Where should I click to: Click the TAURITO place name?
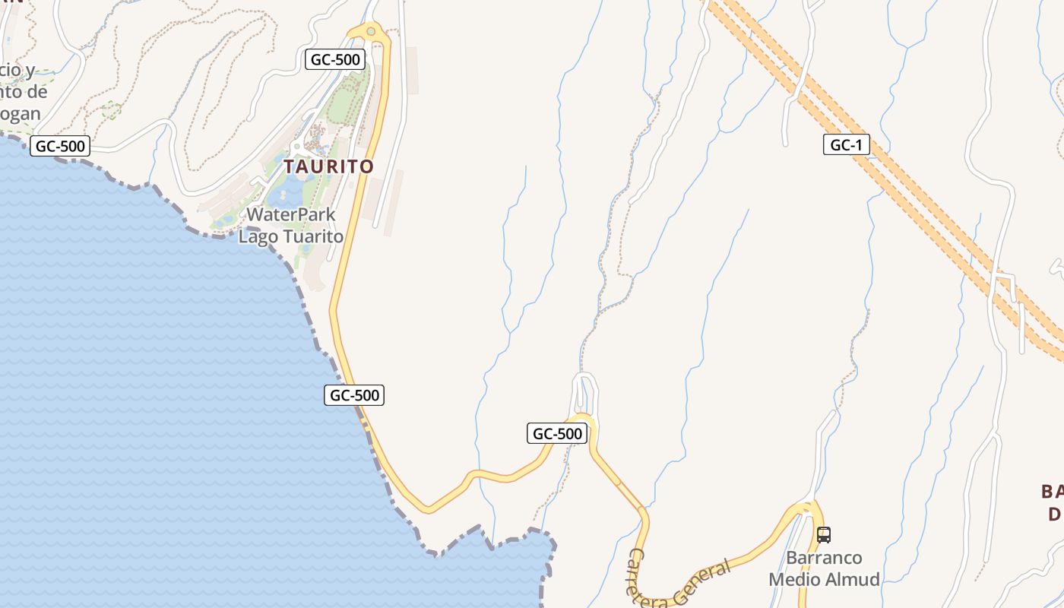329,166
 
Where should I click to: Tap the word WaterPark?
291,215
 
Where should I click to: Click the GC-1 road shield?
846,145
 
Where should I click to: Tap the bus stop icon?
824,535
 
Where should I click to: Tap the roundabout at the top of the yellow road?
371,31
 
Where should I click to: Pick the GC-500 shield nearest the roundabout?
335,59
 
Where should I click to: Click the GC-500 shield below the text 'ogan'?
60,146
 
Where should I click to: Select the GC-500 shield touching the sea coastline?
354,395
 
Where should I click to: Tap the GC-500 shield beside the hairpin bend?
557,434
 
